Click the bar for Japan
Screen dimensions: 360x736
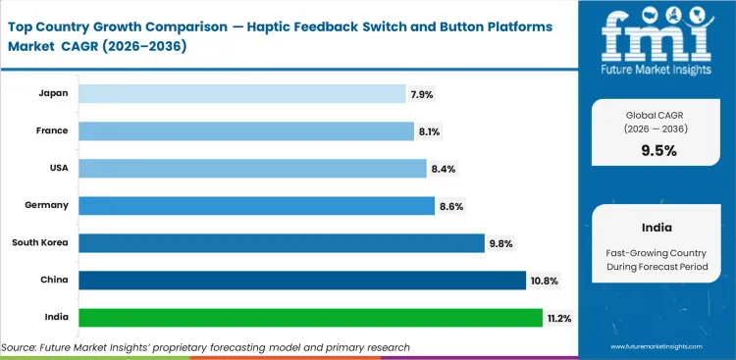tap(241, 93)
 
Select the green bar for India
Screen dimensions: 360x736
tap(310, 317)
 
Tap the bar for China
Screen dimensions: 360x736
tap(302, 280)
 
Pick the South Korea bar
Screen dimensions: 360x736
tap(282, 242)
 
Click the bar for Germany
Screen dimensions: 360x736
tap(256, 205)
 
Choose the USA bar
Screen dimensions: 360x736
tap(252, 168)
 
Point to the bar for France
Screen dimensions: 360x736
tap(246, 130)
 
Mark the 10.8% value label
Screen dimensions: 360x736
tap(545, 281)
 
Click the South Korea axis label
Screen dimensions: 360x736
tap(40, 242)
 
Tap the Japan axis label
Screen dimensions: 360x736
tap(54, 93)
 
